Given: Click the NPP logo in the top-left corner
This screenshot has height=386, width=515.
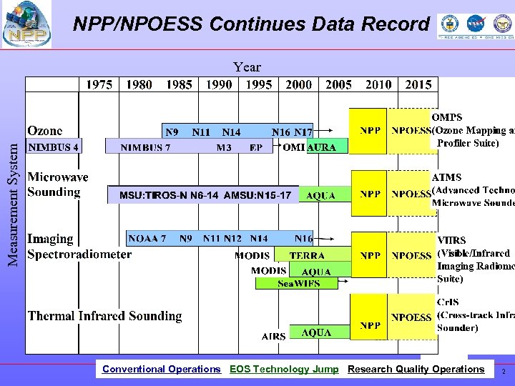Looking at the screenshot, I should tap(26, 25).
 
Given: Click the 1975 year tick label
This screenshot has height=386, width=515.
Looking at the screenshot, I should tap(99, 84).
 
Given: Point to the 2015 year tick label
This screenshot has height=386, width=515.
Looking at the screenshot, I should tap(418, 84).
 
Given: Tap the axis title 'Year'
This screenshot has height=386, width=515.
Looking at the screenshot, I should tap(247, 67).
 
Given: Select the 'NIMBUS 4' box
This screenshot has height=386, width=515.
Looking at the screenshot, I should tap(54, 147).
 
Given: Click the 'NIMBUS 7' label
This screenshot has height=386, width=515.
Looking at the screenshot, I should tap(145, 148).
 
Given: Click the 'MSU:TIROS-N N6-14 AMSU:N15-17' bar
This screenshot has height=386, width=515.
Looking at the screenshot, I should tap(204, 195).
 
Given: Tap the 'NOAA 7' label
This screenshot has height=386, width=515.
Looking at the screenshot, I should tap(147, 238).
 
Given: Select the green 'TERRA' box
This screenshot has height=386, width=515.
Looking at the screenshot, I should tap(307, 255).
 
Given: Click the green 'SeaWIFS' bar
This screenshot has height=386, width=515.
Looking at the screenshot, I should tap(298, 283).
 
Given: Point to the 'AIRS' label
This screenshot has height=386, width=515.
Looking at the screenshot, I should tap(274, 336).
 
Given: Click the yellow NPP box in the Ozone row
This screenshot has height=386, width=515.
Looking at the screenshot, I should tap(370, 131).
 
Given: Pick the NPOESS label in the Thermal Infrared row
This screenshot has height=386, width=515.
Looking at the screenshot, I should tap(411, 317).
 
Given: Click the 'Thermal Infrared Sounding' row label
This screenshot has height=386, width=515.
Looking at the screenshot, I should tap(105, 316).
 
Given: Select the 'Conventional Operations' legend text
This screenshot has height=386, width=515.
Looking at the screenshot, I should tap(162, 370).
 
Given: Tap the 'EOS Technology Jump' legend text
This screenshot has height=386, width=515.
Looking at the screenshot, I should tap(284, 370).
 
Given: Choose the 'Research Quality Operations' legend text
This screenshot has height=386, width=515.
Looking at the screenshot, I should tap(416, 370).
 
